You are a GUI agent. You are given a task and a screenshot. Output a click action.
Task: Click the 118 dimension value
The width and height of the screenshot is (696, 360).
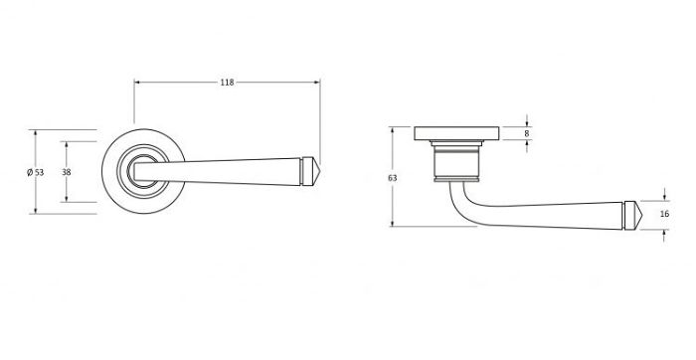227,83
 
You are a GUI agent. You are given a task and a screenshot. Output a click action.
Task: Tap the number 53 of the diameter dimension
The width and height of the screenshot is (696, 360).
40,172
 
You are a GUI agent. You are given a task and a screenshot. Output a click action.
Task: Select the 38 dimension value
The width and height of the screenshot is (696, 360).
66,171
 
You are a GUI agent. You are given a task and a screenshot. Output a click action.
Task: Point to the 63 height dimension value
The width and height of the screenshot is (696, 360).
394,177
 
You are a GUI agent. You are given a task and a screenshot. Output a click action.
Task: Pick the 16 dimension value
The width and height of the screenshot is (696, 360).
665,214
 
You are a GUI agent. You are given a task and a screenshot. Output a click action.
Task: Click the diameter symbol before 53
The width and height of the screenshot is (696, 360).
30,172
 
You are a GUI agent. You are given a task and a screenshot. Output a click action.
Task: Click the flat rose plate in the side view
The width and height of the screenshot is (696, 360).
458,131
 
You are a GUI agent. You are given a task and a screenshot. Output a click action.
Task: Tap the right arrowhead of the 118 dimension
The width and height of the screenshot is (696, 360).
317,83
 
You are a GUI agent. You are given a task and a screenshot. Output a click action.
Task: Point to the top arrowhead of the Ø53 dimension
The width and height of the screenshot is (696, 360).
37,131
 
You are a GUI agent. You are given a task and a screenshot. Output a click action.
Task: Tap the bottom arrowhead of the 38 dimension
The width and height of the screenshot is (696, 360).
68,199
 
